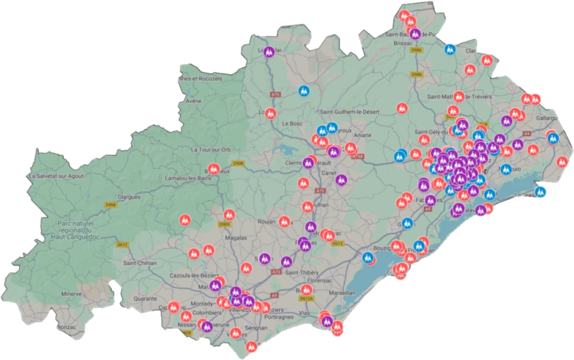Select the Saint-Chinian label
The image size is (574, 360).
(x=139, y=263)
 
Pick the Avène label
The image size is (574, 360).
(x=193, y=101)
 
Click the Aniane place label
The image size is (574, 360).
(x=365, y=134)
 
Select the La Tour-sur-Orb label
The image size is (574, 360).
(x=212, y=150)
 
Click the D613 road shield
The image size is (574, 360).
(x=338, y=243)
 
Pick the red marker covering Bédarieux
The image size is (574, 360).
(x=213, y=170)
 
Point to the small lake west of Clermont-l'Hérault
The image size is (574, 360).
(x=289, y=150)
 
